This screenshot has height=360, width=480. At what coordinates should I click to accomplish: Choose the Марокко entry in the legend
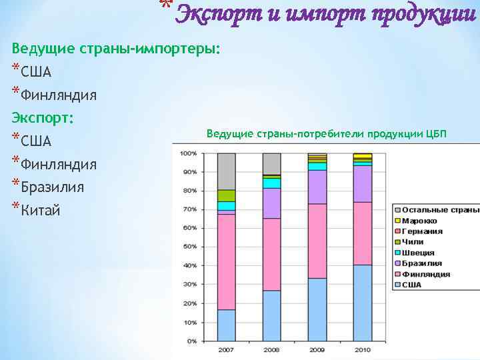(419, 221)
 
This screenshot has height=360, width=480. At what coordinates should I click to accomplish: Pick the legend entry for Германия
(421, 231)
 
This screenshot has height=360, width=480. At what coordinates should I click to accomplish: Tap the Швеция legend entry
(418, 253)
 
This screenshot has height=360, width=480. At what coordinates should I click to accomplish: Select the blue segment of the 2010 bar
(363, 303)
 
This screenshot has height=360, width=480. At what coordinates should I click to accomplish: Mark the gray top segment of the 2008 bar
(272, 163)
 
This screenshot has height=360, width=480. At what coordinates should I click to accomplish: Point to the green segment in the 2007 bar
(227, 195)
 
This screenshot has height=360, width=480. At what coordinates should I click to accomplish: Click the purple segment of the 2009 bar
(317, 187)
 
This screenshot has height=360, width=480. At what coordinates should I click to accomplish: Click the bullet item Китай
(40, 211)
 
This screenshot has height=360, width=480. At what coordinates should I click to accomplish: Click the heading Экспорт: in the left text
(43, 118)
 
